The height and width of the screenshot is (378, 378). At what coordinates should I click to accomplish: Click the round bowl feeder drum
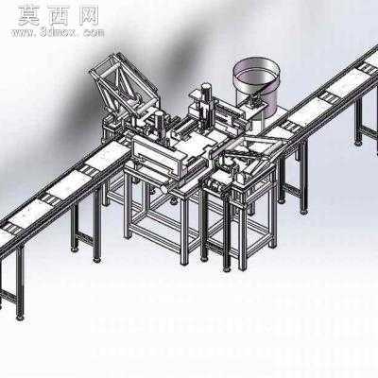(256, 86)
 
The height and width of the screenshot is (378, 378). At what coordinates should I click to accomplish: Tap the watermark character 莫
(28, 16)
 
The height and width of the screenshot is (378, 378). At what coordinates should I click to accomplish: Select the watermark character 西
(58, 16)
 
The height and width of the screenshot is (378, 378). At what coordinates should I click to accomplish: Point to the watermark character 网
(88, 16)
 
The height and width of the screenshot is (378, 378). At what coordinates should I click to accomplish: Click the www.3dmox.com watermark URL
(58, 32)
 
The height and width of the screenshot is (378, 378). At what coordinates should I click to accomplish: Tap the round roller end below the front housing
(164, 189)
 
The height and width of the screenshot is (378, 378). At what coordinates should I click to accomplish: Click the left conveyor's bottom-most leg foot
(20, 318)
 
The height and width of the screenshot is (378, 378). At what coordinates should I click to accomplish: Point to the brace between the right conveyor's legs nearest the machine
(292, 192)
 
